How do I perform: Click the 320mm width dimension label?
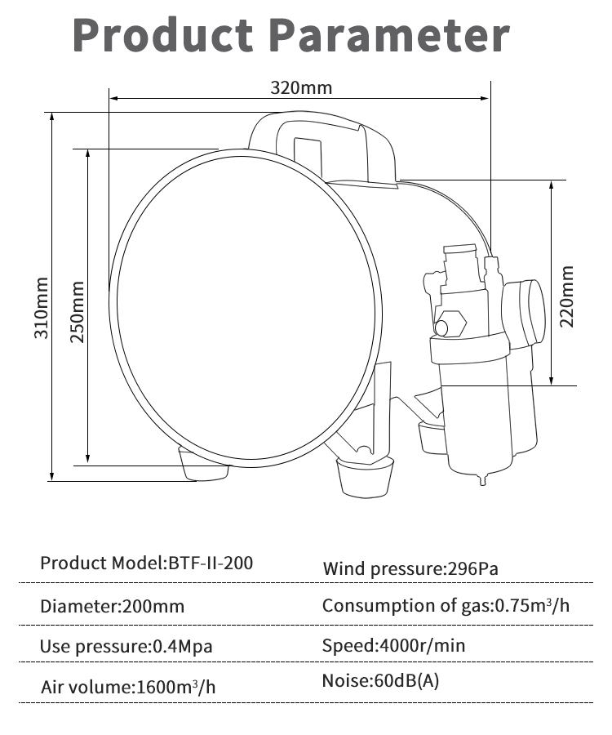coord(301,87)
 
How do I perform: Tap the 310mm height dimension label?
coord(41,308)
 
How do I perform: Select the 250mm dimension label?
coord(78,312)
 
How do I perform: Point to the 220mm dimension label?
coord(566,296)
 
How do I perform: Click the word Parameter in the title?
coord(390,35)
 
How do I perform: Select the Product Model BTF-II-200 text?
coord(147,563)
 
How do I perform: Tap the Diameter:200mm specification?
coord(113,606)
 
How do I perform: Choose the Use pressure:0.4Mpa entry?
coord(126,647)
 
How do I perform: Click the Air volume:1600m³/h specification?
coord(128,687)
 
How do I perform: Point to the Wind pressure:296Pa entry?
coord(410,568)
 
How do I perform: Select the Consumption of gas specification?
coord(446,606)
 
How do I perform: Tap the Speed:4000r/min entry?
coord(394,645)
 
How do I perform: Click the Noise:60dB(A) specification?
coord(381,680)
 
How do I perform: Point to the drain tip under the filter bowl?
coord(483,480)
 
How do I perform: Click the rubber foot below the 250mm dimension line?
coord(204,465)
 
